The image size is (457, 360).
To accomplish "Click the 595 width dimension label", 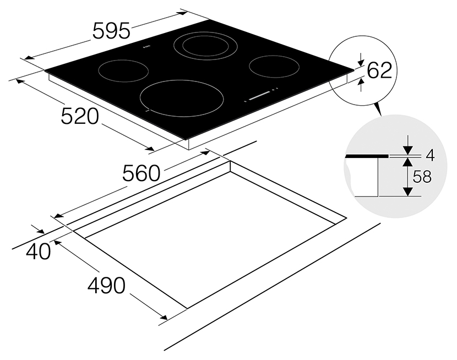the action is tap(111, 31).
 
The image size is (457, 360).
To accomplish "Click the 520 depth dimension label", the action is tap(80, 116).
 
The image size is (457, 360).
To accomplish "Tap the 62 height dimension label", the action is tap(379, 70).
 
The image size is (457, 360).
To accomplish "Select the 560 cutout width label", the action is tap(141, 173).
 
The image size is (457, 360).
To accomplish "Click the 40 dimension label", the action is tap(38, 252).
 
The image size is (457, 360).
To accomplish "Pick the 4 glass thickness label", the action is tap(430, 156).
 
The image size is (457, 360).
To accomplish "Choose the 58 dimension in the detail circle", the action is tap(422, 177).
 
